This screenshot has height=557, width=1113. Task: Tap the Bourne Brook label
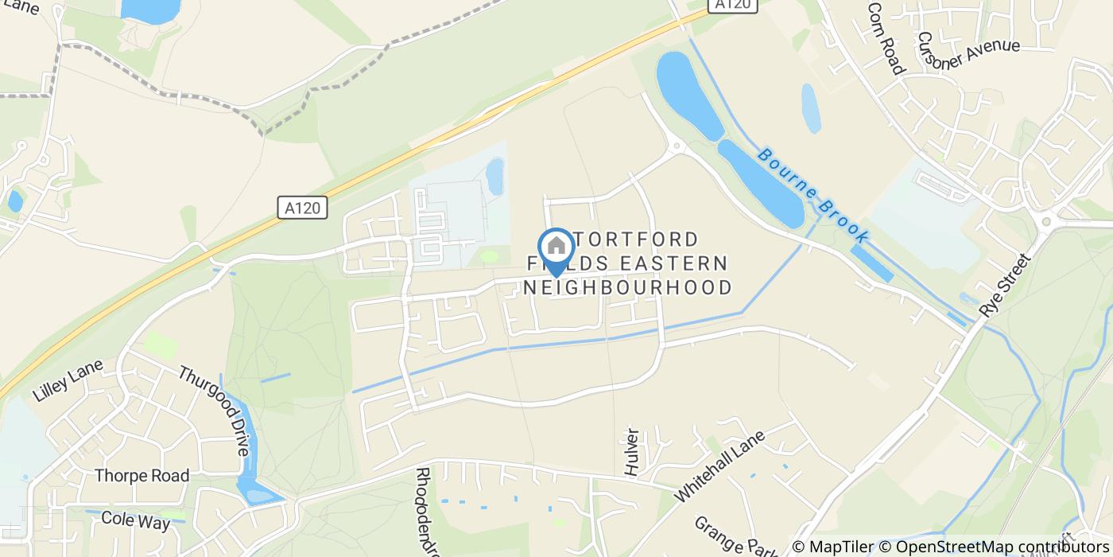(x=814, y=195)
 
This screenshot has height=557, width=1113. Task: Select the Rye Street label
(x=1006, y=286)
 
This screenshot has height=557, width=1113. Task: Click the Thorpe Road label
(x=142, y=476)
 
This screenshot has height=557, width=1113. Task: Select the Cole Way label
(x=136, y=521)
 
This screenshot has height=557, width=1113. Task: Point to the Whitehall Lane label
(x=719, y=465)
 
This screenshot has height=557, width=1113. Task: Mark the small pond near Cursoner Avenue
(x=811, y=107)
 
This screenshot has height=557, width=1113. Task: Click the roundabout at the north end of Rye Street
(x=1046, y=221)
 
